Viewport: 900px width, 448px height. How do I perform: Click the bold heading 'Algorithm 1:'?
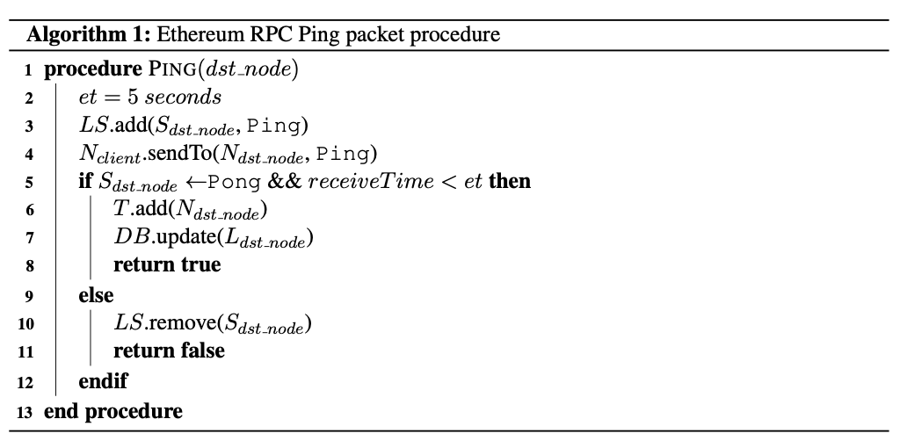click(89, 35)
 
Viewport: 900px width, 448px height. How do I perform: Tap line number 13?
click(25, 412)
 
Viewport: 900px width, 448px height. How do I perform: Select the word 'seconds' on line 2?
click(183, 97)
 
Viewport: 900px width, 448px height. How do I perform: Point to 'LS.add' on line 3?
click(113, 125)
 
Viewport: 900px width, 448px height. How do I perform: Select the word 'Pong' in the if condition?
click(234, 182)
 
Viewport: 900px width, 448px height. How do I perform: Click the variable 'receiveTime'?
click(371, 181)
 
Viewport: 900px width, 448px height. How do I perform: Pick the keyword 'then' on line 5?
click(510, 181)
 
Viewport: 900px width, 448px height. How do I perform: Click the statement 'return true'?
click(167, 264)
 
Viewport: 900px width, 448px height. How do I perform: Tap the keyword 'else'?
click(96, 295)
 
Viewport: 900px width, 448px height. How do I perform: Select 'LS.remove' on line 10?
click(165, 323)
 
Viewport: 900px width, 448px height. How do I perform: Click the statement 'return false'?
click(169, 350)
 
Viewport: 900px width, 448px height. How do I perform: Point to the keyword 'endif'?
click(104, 381)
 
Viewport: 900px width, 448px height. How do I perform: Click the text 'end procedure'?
click(113, 411)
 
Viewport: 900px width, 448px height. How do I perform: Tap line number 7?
click(29, 237)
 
